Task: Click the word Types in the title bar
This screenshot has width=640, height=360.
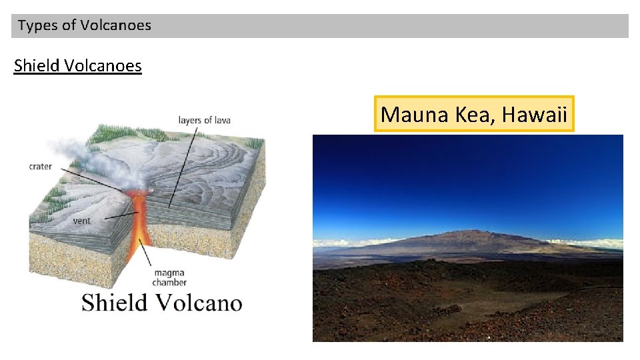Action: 37,26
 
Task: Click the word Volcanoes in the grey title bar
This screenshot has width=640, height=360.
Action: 115,26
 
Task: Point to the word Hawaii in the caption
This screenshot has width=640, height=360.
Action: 534,115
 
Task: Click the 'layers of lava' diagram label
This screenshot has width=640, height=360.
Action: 204,120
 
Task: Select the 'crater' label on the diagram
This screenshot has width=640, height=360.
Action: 41,166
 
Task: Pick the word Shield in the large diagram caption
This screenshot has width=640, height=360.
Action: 114,303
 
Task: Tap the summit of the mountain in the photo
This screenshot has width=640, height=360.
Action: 477,231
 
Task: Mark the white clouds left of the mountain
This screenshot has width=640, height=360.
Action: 340,243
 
